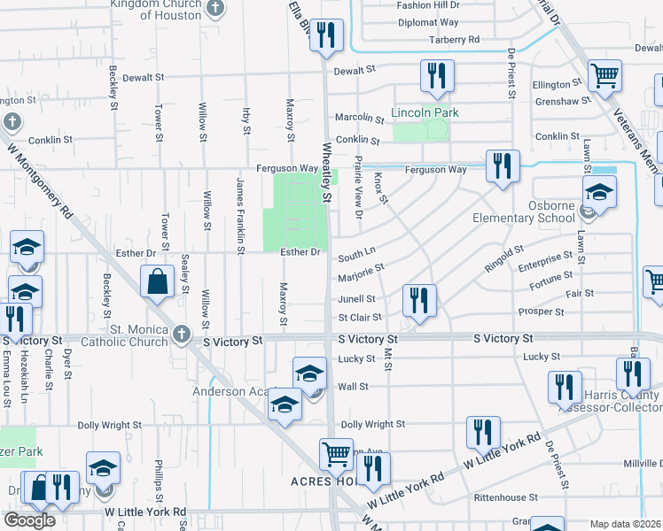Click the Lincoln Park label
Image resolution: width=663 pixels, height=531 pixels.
click(x=425, y=113)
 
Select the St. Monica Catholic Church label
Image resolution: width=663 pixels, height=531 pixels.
click(x=123, y=335)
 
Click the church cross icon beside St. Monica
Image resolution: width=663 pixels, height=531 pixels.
click(x=183, y=334)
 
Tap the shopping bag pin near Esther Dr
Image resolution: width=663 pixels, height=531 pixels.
click(x=157, y=282)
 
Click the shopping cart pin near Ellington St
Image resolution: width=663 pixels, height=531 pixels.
click(x=604, y=76)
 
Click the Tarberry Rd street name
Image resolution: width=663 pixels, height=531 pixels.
click(x=454, y=40)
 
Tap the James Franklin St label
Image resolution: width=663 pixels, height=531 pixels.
click(x=240, y=214)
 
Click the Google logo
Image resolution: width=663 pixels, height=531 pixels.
click(x=29, y=520)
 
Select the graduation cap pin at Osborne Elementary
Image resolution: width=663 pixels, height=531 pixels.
click(x=599, y=193)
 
